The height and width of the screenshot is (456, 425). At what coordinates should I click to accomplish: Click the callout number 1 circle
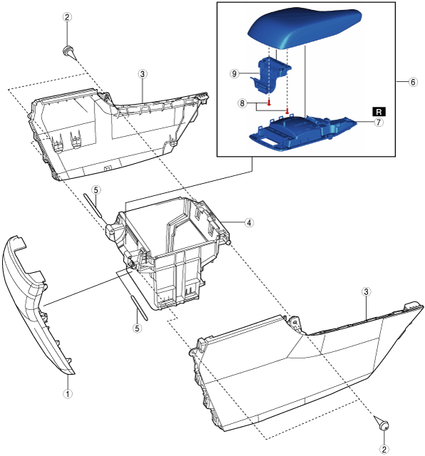click(68, 394)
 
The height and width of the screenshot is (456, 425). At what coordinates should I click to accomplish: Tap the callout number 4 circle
click(249, 223)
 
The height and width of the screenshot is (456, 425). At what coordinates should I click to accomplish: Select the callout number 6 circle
click(413, 82)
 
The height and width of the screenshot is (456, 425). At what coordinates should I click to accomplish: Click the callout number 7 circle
click(378, 123)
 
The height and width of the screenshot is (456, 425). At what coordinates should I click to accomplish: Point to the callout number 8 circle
click(243, 103)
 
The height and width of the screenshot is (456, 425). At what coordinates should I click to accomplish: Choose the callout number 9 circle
click(235, 73)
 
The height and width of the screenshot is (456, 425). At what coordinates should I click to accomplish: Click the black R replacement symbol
click(379, 112)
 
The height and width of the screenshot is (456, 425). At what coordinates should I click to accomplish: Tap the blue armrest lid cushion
click(305, 27)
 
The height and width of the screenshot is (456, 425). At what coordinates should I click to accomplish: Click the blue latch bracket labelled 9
click(271, 76)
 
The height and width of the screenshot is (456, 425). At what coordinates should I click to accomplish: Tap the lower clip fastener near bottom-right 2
click(382, 423)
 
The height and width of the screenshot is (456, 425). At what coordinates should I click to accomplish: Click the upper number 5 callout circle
click(96, 190)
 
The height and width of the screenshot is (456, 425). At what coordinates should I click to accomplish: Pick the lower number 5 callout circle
click(137, 328)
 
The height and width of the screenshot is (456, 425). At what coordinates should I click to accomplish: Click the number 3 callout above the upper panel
click(142, 74)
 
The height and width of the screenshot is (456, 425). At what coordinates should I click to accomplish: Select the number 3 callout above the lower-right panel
click(366, 291)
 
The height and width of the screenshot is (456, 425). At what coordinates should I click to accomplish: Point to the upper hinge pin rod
click(93, 205)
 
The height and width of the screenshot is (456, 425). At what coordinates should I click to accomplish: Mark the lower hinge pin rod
click(140, 309)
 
